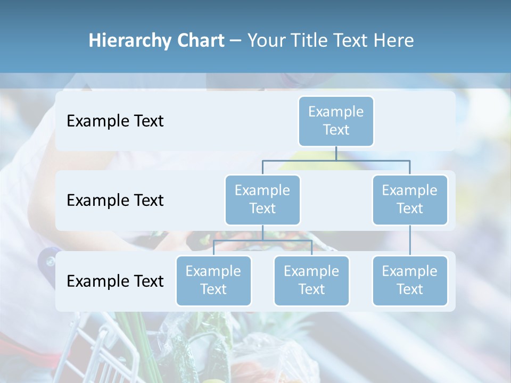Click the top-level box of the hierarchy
[336, 121]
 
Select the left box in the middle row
[262, 199]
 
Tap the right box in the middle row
[410, 199]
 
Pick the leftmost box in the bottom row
[213, 280]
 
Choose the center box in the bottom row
[311, 280]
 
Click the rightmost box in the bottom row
[410, 280]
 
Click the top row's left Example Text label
[115, 121]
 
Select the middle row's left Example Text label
[115, 200]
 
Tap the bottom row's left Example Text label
[115, 281]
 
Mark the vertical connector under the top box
[336, 153]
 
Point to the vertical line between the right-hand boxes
[410, 240]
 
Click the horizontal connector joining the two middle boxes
[336, 160]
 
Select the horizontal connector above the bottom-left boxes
[262, 240]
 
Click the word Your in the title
[266, 40]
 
